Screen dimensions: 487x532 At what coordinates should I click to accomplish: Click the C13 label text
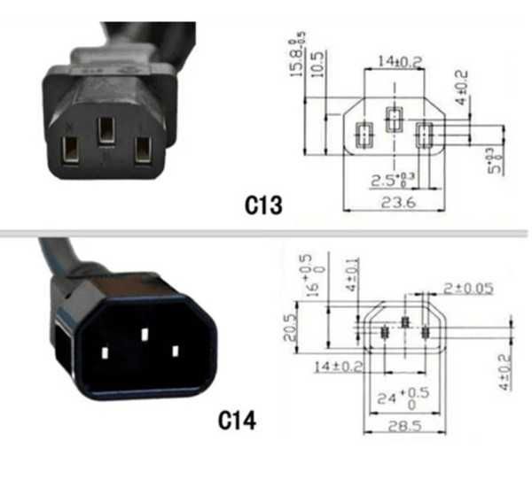(263, 206)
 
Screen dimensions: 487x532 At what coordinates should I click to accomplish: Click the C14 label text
(238, 420)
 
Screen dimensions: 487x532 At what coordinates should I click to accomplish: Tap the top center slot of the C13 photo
(106, 129)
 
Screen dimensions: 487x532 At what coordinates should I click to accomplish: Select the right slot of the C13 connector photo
(142, 149)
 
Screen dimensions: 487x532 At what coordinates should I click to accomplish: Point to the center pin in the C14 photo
(144, 335)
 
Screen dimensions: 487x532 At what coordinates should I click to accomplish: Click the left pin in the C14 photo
(104, 352)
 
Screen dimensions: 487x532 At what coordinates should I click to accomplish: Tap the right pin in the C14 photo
(175, 351)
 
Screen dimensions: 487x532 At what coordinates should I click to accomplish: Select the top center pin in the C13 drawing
(393, 118)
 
